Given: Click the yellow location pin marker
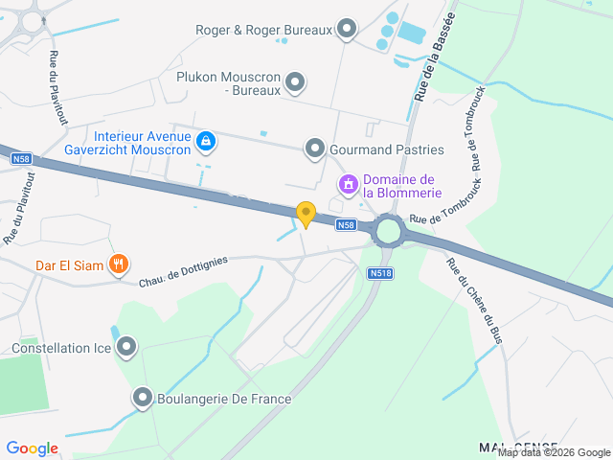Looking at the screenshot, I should pyautogui.click(x=306, y=215).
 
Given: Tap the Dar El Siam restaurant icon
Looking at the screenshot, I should pyautogui.click(x=118, y=264).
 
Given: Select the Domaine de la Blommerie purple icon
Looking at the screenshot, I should pyautogui.click(x=349, y=182).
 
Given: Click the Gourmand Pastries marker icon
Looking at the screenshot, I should pyautogui.click(x=315, y=149).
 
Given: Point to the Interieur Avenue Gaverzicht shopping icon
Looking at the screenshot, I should pyautogui.click(x=205, y=143).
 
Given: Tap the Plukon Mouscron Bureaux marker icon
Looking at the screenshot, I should pyautogui.click(x=295, y=82).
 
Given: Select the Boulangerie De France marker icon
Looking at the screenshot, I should pyautogui.click(x=143, y=397).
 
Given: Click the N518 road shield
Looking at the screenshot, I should pyautogui.click(x=379, y=273).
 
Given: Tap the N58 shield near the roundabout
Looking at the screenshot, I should pyautogui.click(x=347, y=225).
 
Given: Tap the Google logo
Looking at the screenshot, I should pyautogui.click(x=32, y=448).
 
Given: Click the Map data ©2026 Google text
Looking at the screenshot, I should pyautogui.click(x=553, y=452).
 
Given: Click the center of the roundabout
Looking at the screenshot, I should pyautogui.click(x=389, y=231).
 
